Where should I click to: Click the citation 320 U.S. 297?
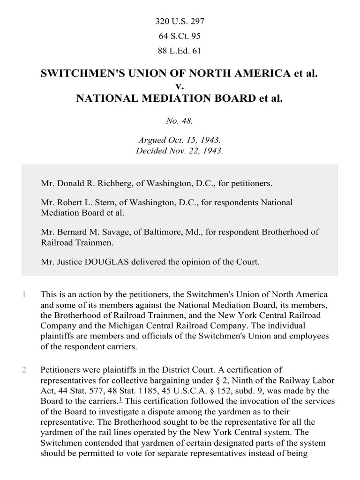[180, 21]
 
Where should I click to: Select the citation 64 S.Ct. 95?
[180, 36]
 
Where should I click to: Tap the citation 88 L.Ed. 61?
[180, 51]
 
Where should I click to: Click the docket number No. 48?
[180, 121]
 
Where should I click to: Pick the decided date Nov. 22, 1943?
[194, 150]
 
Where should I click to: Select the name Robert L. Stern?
[82, 202]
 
